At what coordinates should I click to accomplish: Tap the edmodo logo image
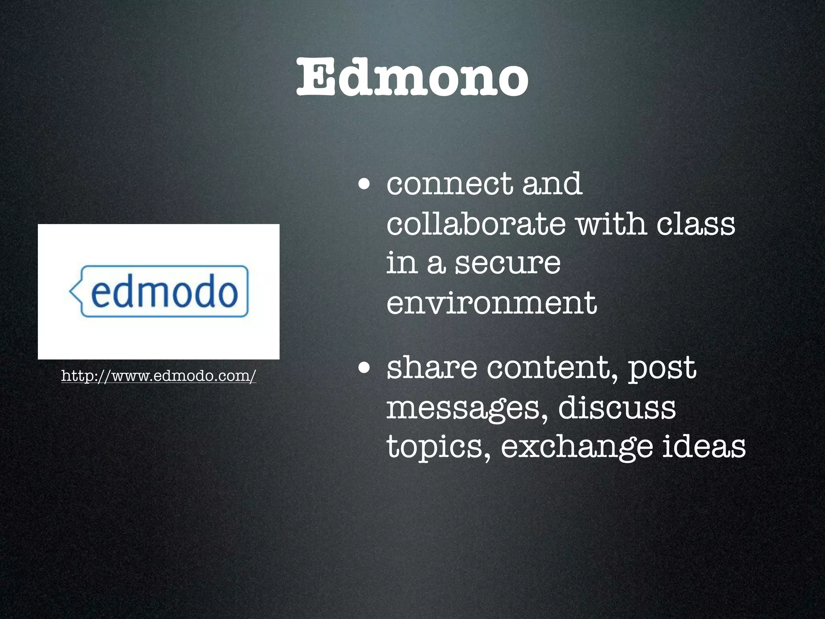(x=158, y=291)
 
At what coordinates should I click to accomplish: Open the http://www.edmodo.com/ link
(x=159, y=376)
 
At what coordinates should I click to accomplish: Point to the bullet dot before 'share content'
(x=364, y=368)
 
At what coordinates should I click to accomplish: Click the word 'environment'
(x=491, y=303)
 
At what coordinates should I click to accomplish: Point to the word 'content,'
(x=553, y=368)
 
